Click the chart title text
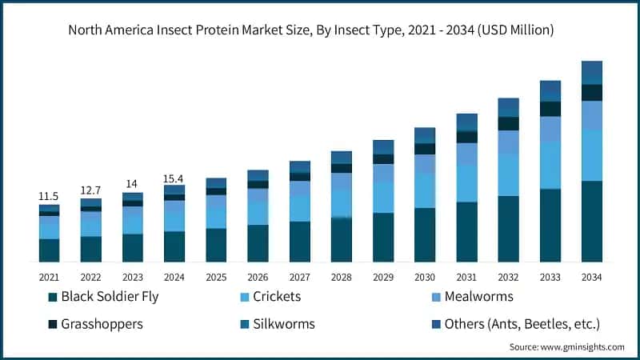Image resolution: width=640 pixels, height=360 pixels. pos(320,30)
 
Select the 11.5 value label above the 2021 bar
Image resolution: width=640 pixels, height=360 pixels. pos(49,196)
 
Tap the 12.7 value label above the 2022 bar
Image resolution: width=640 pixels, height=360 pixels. pos(90,190)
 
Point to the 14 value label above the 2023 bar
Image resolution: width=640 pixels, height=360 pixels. pos(132,183)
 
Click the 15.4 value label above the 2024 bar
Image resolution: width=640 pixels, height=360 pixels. pos(174,177)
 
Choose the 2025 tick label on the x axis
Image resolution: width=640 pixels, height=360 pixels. pos(216,277)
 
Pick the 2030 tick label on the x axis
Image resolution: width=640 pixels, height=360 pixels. pos(424,277)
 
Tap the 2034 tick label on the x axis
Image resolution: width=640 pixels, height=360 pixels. pos(591,277)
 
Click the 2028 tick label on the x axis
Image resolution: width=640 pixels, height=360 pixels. pos(341,277)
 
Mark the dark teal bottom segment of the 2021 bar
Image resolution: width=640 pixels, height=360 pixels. pos(49,250)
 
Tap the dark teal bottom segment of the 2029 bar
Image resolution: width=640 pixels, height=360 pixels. pos(382,238)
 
